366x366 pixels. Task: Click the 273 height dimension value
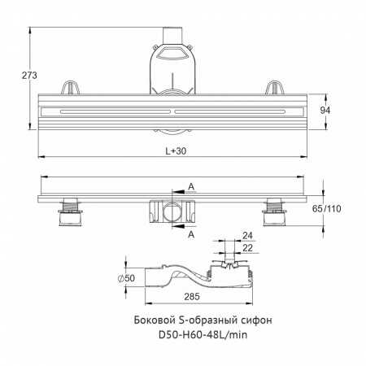click(29, 76)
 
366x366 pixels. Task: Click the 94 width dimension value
click(325, 111)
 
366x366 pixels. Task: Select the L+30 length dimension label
click(176, 151)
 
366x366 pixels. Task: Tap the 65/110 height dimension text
click(326, 209)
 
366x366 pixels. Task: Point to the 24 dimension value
click(247, 236)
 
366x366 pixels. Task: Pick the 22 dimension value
click(247, 248)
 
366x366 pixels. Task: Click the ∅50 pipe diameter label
click(126, 278)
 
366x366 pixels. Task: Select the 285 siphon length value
click(192, 297)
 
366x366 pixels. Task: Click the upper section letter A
click(191, 187)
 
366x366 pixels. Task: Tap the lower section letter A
click(191, 234)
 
